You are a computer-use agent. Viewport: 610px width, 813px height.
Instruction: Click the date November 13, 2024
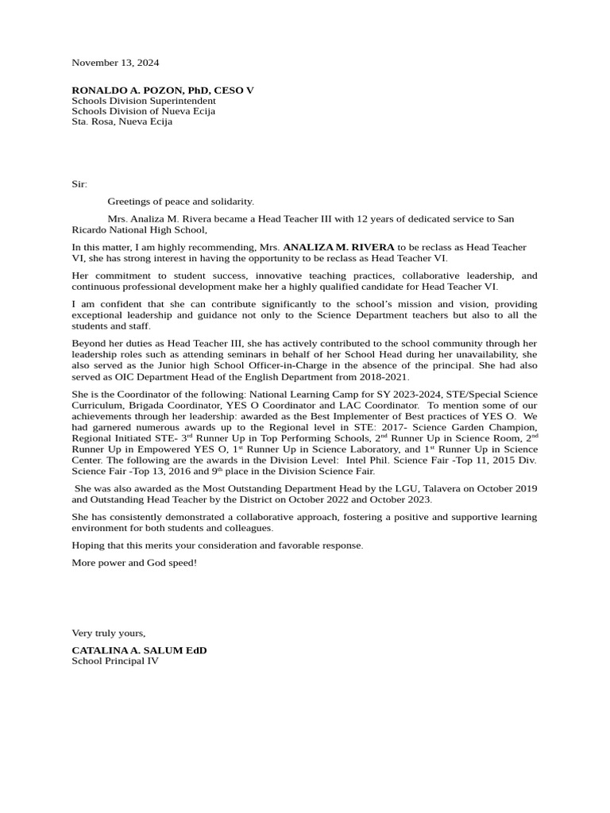[115, 62]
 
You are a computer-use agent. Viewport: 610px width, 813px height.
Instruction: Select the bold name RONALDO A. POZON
[128, 91]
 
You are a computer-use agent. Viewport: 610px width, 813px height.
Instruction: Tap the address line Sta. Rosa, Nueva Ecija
[122, 121]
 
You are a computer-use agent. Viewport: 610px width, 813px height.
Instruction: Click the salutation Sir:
[79, 183]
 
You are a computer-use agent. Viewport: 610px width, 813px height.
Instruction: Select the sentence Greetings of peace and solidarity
[181, 202]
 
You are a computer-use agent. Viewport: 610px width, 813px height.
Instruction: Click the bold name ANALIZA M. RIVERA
[338, 248]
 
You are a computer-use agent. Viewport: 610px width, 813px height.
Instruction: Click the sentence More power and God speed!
[134, 563]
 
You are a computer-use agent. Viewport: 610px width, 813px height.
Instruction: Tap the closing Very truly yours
[109, 633]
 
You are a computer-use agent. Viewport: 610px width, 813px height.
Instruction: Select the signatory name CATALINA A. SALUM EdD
[139, 650]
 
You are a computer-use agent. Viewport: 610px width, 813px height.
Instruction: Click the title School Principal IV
[115, 661]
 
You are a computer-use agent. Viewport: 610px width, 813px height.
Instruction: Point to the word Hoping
[88, 545]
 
